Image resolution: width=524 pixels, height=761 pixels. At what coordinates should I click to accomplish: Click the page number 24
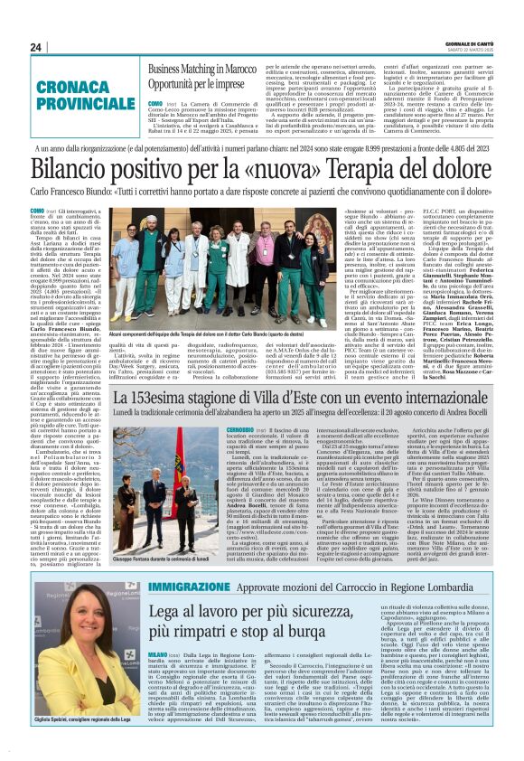click(35, 47)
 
